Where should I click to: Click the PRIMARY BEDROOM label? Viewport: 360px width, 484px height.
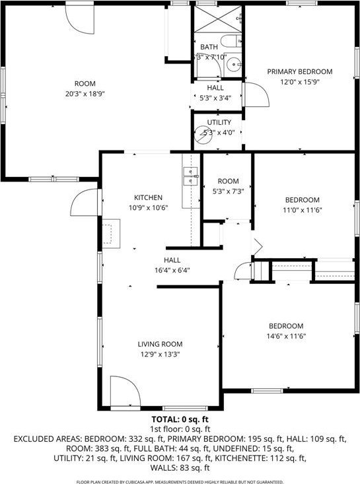(300, 71)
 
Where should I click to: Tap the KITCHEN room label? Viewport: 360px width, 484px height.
(148, 197)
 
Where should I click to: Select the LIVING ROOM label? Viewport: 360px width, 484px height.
(160, 344)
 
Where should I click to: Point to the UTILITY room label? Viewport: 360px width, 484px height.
(219, 122)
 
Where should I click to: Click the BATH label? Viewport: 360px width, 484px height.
(209, 47)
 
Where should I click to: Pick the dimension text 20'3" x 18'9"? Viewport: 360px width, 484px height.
(85, 94)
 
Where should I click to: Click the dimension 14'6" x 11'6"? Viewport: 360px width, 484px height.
(286, 336)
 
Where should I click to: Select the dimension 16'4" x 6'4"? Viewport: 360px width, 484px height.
(172, 271)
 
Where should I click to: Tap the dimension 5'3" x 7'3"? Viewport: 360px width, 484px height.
(229, 191)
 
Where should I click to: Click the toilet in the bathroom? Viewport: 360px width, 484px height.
(231, 41)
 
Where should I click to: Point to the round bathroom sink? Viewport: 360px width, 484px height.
(234, 65)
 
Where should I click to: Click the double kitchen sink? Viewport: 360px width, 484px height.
(190, 176)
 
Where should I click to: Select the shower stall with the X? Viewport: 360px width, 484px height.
(218, 19)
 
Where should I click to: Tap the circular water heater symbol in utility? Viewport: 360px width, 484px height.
(203, 135)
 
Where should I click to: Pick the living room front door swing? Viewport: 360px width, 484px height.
(125, 392)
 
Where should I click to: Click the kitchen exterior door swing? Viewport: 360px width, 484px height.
(84, 202)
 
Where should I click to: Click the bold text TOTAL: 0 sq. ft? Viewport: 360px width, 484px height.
(180, 419)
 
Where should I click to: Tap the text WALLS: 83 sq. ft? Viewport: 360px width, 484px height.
(180, 468)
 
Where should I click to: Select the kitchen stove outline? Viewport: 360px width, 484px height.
(111, 234)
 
